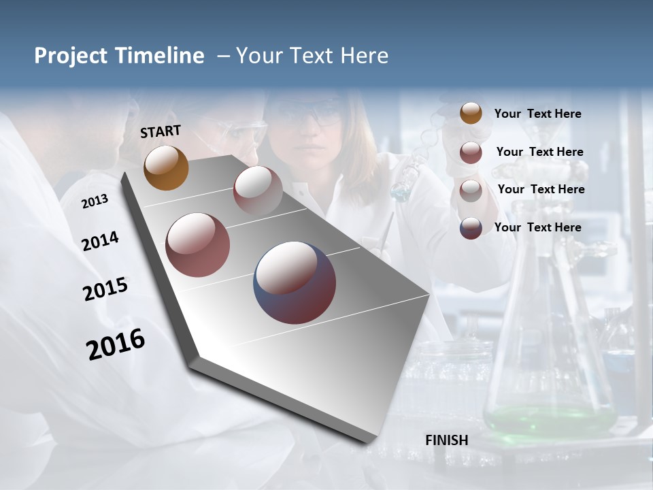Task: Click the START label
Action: click(161, 131)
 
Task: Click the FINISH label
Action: click(446, 440)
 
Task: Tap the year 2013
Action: click(95, 201)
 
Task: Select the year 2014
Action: click(100, 242)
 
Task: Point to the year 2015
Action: click(105, 289)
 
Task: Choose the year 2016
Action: click(116, 344)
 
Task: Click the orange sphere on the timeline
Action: click(166, 167)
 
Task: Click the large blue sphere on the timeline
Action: click(295, 282)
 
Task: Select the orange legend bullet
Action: click(471, 113)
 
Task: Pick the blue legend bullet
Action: click(471, 228)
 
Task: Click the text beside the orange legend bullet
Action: click(537, 114)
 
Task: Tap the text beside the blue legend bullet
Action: click(537, 227)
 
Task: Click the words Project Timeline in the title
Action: click(119, 56)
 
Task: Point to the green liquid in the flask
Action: click(548, 416)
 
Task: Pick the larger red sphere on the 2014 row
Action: click(197, 245)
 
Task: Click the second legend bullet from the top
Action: click(471, 152)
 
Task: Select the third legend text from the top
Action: click(541, 189)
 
